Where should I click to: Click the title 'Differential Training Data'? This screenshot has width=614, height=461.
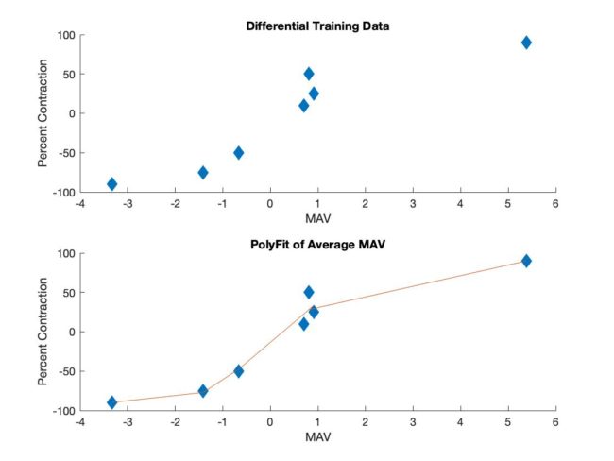point(317,26)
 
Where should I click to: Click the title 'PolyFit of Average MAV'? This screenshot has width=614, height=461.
point(317,244)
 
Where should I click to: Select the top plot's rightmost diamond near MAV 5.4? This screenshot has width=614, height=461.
point(526,43)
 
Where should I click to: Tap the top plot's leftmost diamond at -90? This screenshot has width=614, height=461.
point(111,184)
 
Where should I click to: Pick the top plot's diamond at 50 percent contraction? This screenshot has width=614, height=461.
point(309,74)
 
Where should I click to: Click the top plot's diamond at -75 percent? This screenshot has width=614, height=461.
point(203,172)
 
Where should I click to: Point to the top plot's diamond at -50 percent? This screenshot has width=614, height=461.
point(239,152)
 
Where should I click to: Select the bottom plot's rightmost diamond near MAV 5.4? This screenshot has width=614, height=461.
point(526,261)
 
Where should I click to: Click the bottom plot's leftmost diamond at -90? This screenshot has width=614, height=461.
point(111,402)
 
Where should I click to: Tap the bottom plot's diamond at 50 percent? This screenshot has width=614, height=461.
point(309,292)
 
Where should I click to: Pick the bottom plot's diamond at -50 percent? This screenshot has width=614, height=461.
point(239,370)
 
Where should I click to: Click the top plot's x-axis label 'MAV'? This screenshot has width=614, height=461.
point(317,220)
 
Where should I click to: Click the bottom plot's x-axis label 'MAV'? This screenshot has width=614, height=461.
point(317,438)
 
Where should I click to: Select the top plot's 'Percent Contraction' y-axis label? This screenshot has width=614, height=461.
point(43,113)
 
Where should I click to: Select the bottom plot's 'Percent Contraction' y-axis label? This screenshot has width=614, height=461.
point(43,332)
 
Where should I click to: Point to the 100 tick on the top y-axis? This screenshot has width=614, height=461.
point(64,35)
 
